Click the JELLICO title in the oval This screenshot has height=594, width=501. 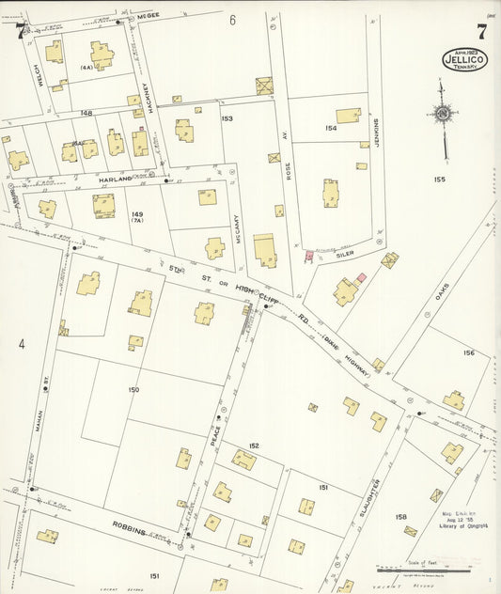click(x=464, y=58)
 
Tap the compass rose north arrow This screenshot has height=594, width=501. click(x=442, y=114)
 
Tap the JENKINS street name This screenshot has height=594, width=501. click(x=376, y=138)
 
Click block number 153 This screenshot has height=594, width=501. click(x=227, y=118)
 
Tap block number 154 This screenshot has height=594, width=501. click(x=331, y=128)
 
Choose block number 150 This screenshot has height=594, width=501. click(x=133, y=389)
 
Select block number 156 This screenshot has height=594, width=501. click(x=468, y=352)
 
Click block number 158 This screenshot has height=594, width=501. click(x=401, y=517)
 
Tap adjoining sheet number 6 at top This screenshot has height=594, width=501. click(x=232, y=19)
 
